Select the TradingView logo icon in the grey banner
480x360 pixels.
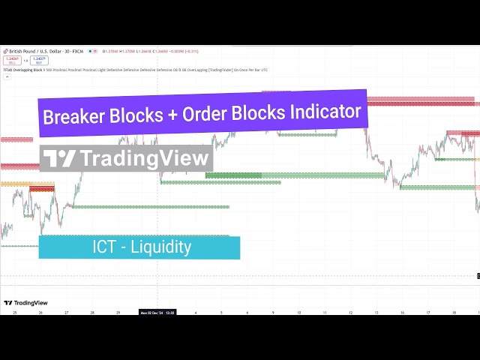(59, 158)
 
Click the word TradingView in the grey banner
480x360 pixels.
(143, 158)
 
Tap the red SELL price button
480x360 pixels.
(11, 59)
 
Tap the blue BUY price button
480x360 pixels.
(39, 59)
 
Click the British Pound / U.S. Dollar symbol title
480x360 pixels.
(30, 51)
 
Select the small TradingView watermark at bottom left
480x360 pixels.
(23, 302)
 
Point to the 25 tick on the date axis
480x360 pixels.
(14, 312)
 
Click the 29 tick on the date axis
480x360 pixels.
(118, 312)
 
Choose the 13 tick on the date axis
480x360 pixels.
(376, 312)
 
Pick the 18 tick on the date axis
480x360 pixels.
(453, 312)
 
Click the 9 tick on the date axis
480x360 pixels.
(273, 312)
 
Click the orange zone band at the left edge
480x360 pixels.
(16, 184)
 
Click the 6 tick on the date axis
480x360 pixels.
(247, 312)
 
